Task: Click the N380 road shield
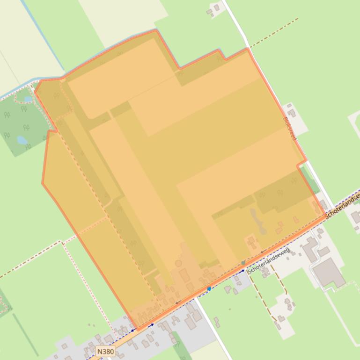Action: pyautogui.click(x=106, y=351)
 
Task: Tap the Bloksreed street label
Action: pyautogui.click(x=289, y=128)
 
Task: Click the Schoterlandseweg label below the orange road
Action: pyautogui.click(x=269, y=261)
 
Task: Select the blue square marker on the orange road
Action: pyautogui.click(x=209, y=288)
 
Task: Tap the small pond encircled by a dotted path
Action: pyautogui.click(x=28, y=99)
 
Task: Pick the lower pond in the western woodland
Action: pyautogui.click(x=22, y=139)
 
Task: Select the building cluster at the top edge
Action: pyautogui.click(x=214, y=9)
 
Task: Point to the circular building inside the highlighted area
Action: pyautogui.click(x=178, y=264)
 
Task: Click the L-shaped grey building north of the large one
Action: pyautogui.click(x=311, y=248)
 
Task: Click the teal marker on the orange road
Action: pyautogui.click(x=243, y=263)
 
